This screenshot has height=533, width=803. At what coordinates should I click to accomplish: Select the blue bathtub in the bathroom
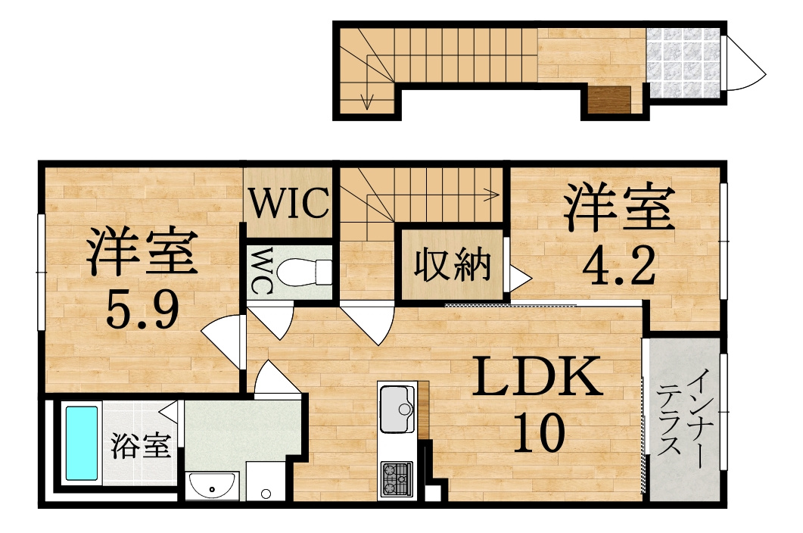[82, 444]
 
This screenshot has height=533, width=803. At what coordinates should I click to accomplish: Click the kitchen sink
[397, 410]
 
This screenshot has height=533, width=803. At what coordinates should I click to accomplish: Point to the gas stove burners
[397, 478]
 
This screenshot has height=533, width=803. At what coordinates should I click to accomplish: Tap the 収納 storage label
[452, 264]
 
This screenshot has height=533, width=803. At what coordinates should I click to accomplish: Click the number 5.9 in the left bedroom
[142, 310]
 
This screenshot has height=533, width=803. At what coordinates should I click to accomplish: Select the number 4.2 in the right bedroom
[619, 265]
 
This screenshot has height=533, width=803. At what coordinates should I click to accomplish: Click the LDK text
[537, 378]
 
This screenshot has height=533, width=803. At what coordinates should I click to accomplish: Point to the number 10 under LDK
[539, 433]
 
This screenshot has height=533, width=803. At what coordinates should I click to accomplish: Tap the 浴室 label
[140, 445]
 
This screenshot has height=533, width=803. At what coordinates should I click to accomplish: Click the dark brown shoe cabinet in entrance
[609, 100]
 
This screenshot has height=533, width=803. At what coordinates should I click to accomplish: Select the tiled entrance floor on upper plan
[683, 63]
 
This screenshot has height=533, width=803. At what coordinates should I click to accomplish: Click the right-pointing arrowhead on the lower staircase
[492, 195]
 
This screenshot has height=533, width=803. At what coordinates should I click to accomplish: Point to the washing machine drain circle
[266, 494]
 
